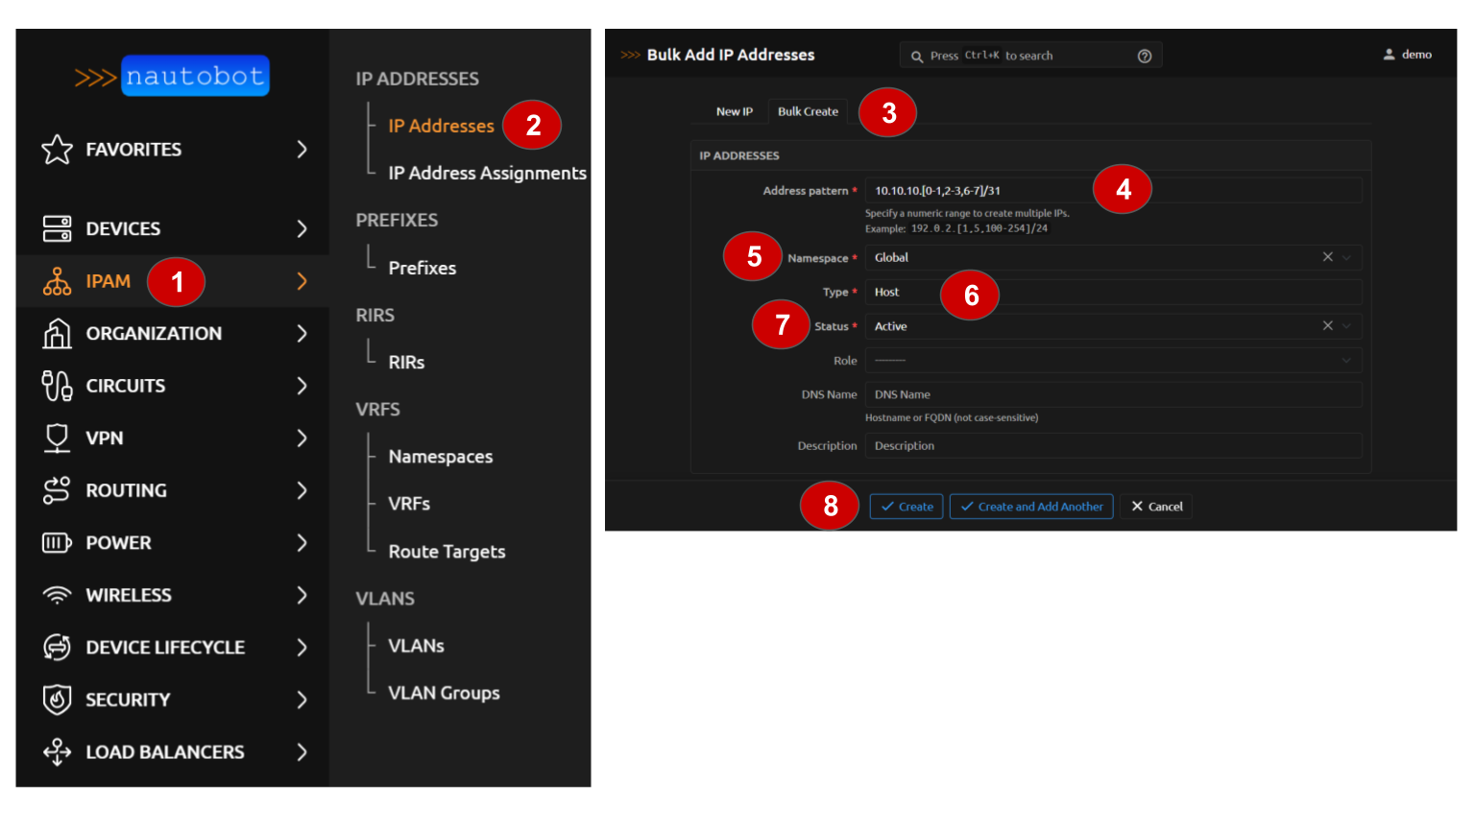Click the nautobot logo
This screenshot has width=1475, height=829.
pos(173,77)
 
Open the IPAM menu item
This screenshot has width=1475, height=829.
pos(108,281)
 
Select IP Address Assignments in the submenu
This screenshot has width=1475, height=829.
pos(487,173)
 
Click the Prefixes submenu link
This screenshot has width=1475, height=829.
pos(423,268)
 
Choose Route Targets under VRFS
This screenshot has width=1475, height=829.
pos(447,552)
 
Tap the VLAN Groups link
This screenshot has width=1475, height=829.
pos(444,693)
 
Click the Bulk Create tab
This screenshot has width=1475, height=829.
pos(808,111)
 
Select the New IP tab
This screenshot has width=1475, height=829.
pos(735,111)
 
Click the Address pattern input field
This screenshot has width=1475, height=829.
pos(1113,191)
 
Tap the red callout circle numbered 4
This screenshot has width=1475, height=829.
pos(1123,189)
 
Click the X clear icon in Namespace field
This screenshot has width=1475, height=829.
pos(1327,257)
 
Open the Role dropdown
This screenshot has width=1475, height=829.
pos(1113,361)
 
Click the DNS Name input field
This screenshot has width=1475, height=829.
pos(1113,394)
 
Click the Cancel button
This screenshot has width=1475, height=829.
pos(1156,507)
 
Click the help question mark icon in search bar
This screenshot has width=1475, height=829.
pos(1145,56)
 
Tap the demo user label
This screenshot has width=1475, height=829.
pos(1416,55)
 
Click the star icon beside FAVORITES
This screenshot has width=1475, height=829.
pos(58,150)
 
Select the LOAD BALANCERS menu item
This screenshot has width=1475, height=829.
pos(164,752)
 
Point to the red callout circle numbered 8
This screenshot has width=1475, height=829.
pos(830,506)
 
